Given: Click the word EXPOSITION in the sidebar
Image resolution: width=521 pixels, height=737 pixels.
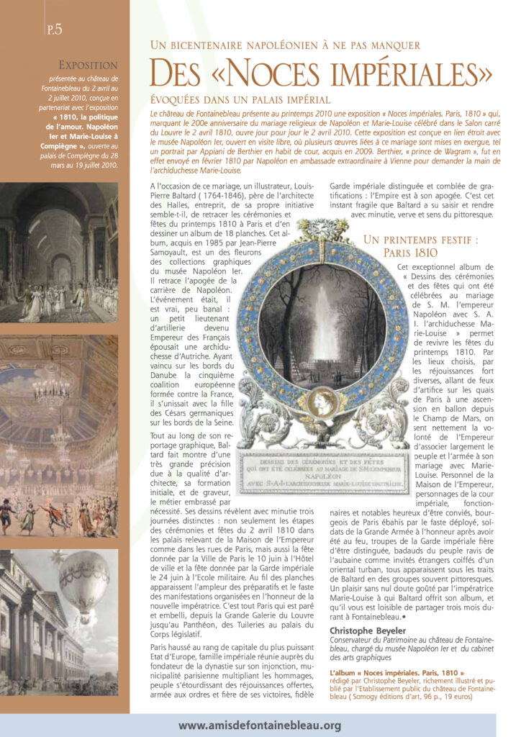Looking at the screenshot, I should [88, 65].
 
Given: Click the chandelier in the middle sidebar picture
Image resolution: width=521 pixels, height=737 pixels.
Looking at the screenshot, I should [51, 389].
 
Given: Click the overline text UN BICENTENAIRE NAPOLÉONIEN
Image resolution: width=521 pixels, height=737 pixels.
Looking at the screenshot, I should [285, 45].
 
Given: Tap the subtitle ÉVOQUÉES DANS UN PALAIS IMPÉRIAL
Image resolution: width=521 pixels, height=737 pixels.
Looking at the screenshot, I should [240, 100].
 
